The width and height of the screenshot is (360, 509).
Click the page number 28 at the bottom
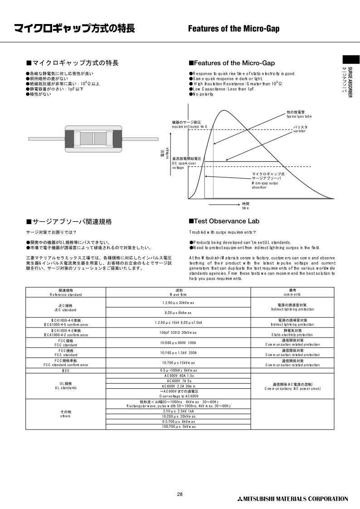[x=180, y=494]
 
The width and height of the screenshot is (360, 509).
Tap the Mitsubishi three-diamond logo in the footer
[x=240, y=499]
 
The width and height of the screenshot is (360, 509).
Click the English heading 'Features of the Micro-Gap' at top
[x=234, y=29]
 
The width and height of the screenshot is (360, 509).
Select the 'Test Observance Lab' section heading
[x=224, y=221]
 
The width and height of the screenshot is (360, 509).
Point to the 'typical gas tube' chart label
[x=299, y=115]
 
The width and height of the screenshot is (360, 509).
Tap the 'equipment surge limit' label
[x=190, y=125]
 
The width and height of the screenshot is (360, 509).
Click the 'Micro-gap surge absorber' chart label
[x=268, y=181]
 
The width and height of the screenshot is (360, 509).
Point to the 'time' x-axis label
[x=245, y=206]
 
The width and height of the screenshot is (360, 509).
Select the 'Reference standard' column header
[x=66, y=292]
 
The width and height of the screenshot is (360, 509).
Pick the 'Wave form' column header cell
[x=178, y=292]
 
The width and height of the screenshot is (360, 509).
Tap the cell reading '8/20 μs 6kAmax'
[x=178, y=313]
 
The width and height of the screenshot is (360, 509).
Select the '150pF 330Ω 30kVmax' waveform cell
[x=178, y=333]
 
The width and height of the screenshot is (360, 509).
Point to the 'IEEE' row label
[x=66, y=370]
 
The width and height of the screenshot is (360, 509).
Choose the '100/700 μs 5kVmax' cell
[x=178, y=426]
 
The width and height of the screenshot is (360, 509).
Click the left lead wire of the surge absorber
[x=45, y=138]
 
